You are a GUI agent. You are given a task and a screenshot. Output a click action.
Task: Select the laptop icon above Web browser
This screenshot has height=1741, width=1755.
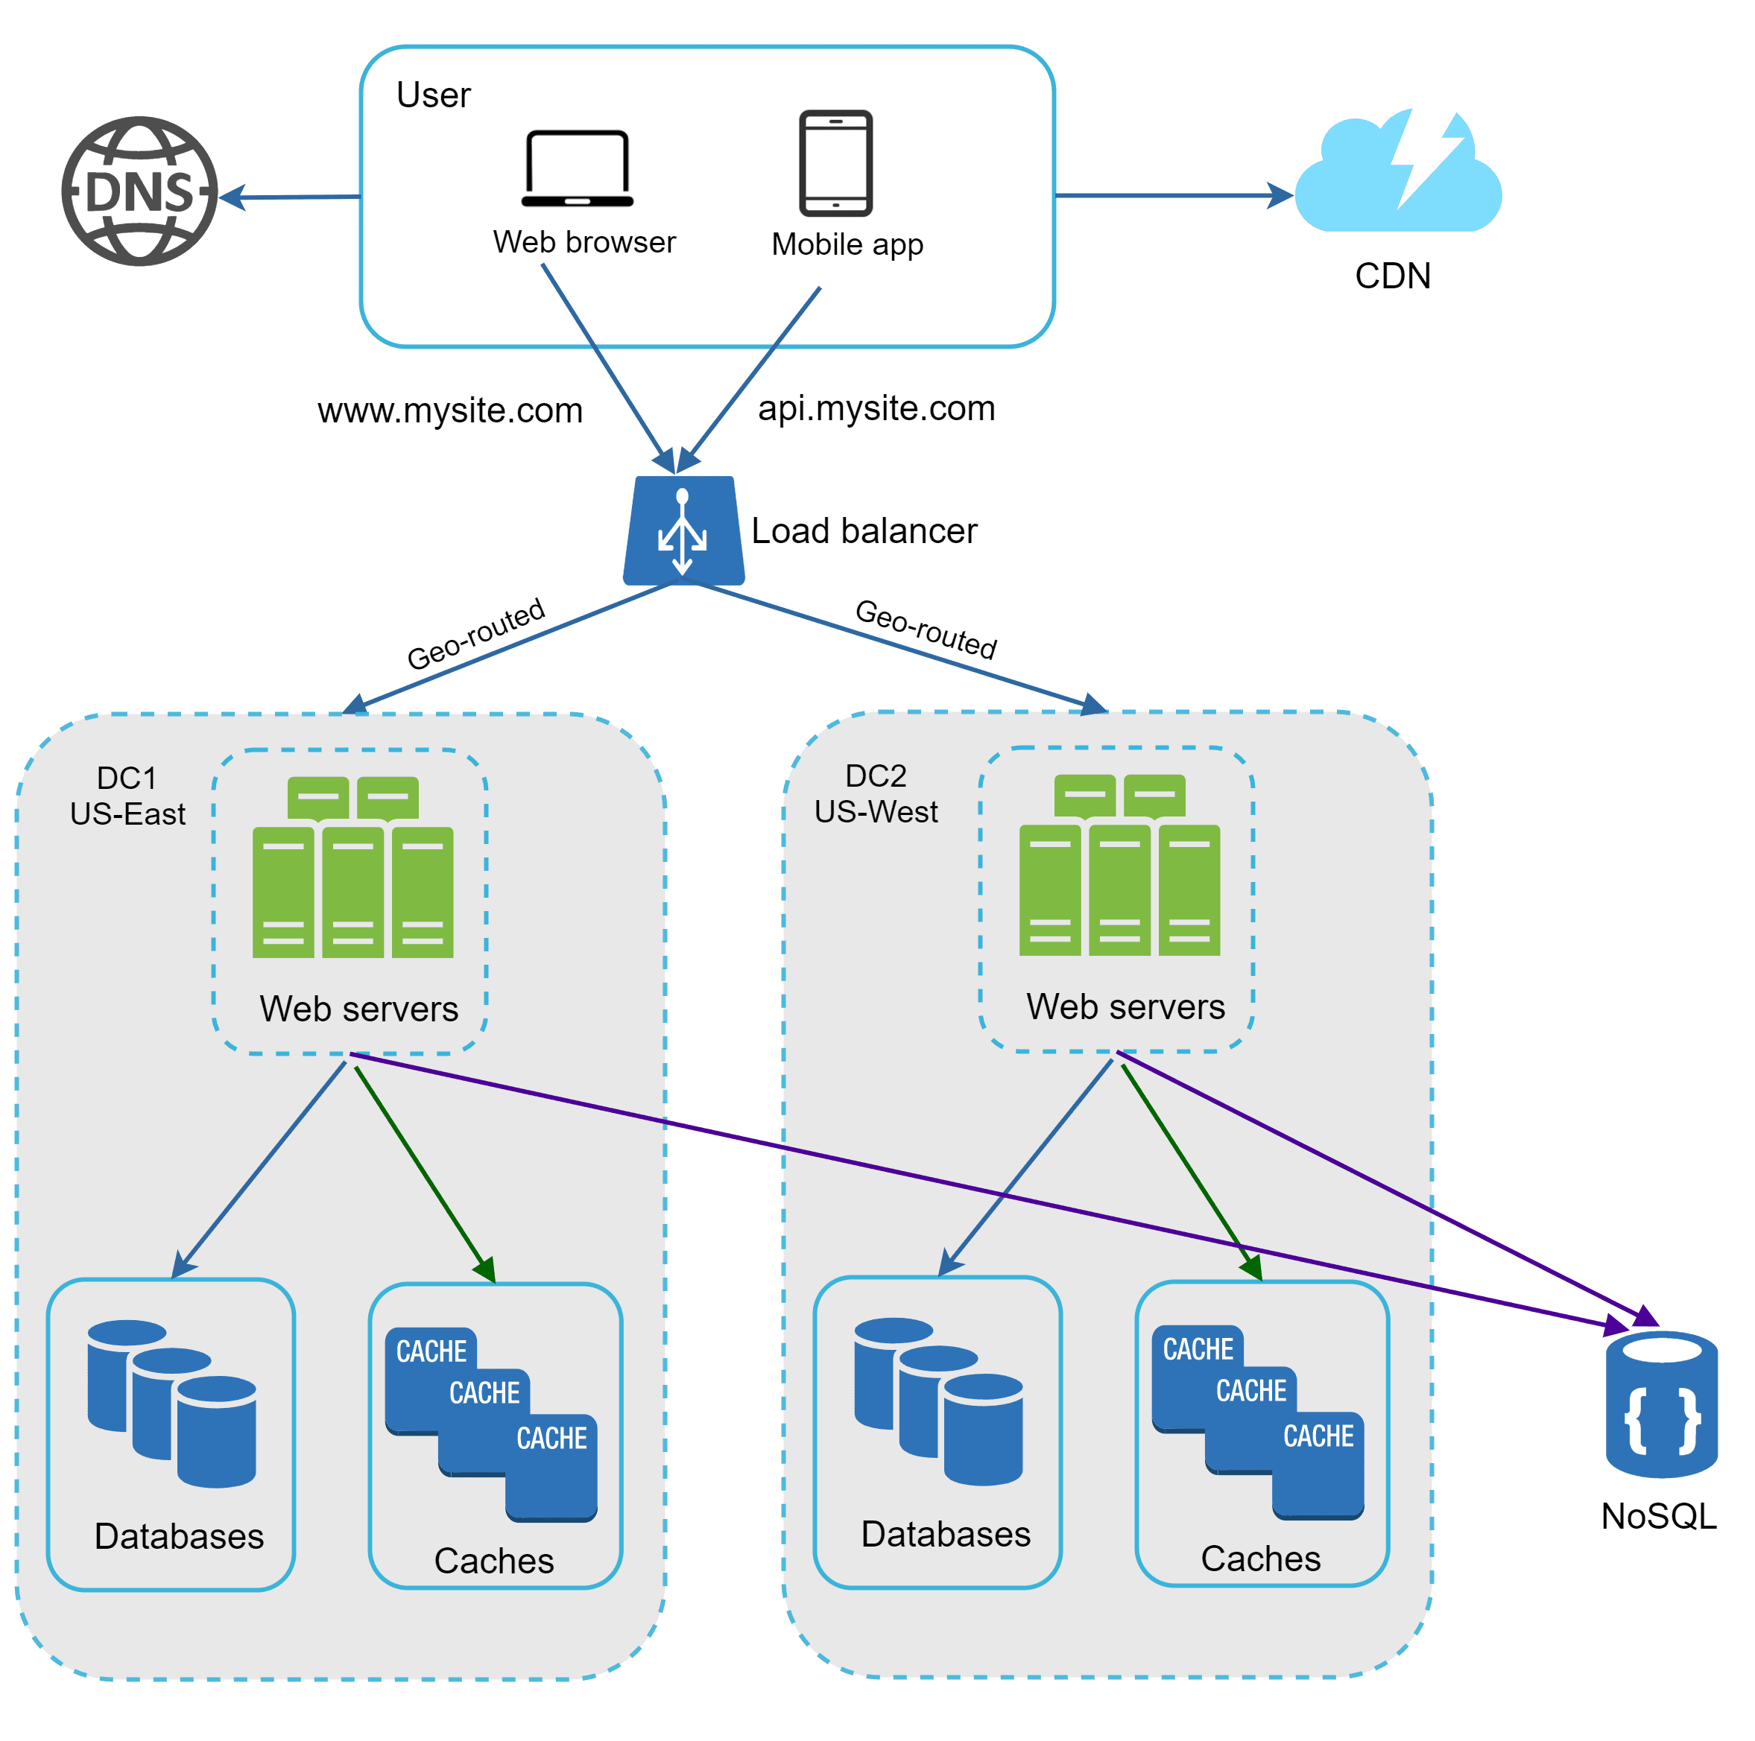click(x=577, y=168)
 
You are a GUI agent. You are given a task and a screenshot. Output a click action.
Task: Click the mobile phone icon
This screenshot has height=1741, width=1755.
click(x=835, y=163)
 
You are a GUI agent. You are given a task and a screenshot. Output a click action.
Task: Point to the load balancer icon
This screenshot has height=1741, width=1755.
click(x=683, y=530)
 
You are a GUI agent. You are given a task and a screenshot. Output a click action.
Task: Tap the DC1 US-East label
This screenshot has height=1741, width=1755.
click(x=127, y=796)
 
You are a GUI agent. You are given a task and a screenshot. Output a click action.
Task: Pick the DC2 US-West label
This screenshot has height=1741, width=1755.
click(x=875, y=793)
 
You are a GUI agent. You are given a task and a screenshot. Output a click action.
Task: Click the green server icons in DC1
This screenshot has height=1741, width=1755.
click(x=352, y=867)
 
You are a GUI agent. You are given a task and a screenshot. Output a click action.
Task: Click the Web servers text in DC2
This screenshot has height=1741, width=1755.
click(x=1125, y=1006)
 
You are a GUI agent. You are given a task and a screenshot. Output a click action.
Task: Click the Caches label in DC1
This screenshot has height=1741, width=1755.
click(x=493, y=1560)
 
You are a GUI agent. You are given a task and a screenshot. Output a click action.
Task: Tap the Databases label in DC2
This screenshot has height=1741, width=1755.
click(x=945, y=1534)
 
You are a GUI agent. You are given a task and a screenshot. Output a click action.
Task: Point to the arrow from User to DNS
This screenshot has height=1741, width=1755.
click(x=291, y=196)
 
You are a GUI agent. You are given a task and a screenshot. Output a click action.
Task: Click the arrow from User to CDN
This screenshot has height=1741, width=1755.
click(x=1171, y=194)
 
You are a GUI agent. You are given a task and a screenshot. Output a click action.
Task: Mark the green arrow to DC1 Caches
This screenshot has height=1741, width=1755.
click(x=423, y=1172)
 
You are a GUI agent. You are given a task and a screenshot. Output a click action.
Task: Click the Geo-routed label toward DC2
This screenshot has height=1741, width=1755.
click(x=926, y=629)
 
